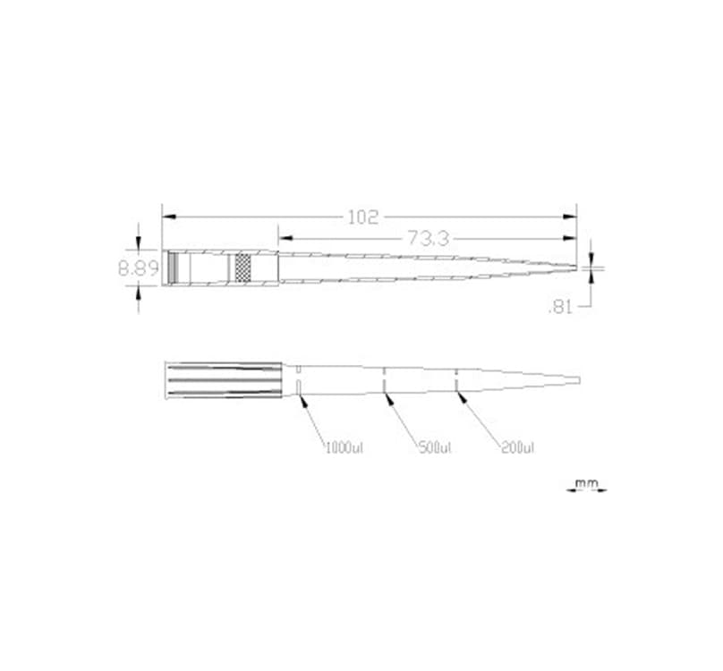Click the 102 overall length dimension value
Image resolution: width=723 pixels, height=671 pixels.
coord(364,217)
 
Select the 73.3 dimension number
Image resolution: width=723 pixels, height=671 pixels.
coord(428,238)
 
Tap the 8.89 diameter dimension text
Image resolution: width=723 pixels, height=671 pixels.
coord(138,268)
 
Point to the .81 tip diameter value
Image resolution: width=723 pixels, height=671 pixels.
coord(559,307)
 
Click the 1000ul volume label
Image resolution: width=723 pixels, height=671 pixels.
coord(344,446)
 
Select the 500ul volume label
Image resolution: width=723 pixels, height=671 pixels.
coord(435,446)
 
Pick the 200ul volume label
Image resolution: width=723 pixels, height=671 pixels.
coord(518,446)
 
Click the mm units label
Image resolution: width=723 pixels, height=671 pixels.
coord(586,484)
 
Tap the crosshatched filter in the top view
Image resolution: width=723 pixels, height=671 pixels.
coord(242,268)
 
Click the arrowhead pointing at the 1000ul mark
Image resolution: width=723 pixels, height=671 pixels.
coord(303,401)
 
